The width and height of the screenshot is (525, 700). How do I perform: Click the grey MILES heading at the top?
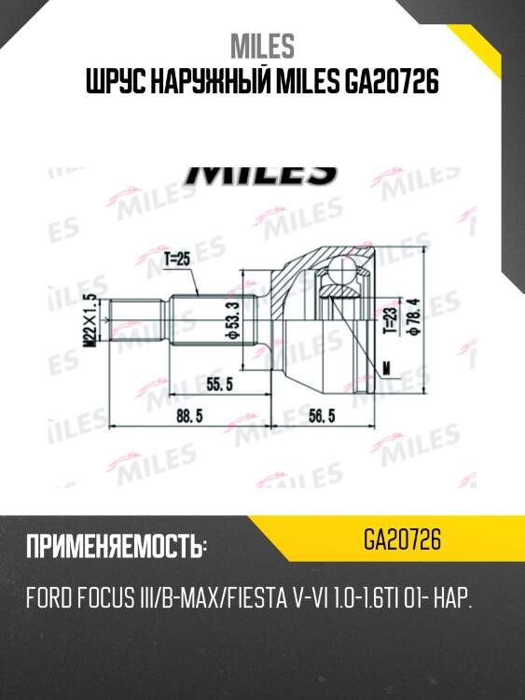262,44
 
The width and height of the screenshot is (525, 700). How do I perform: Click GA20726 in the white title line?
388,85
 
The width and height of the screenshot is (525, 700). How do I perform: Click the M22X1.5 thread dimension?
90,320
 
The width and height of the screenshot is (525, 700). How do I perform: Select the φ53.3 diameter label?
231,320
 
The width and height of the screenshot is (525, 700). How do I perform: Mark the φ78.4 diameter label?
413,320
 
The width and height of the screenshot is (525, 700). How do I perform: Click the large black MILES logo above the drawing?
262,174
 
